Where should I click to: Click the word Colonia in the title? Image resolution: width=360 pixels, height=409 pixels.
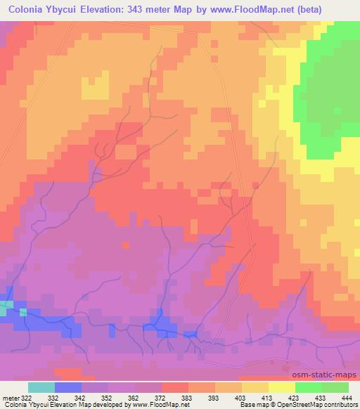click(29, 11)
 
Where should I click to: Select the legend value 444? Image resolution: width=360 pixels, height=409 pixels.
click(347, 398)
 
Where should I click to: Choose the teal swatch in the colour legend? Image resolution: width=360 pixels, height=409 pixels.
click(41, 387)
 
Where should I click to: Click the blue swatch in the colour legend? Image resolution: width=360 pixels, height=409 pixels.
click(68, 387)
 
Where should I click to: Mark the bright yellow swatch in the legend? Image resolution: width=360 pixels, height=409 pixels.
click(282, 387)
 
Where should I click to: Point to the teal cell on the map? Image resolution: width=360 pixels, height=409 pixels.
click(5, 306)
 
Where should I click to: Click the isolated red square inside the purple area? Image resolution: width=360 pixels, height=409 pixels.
click(126, 245)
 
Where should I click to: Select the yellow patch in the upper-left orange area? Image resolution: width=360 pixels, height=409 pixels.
click(96, 88)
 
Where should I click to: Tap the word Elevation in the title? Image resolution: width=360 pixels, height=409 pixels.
click(113, 11)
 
